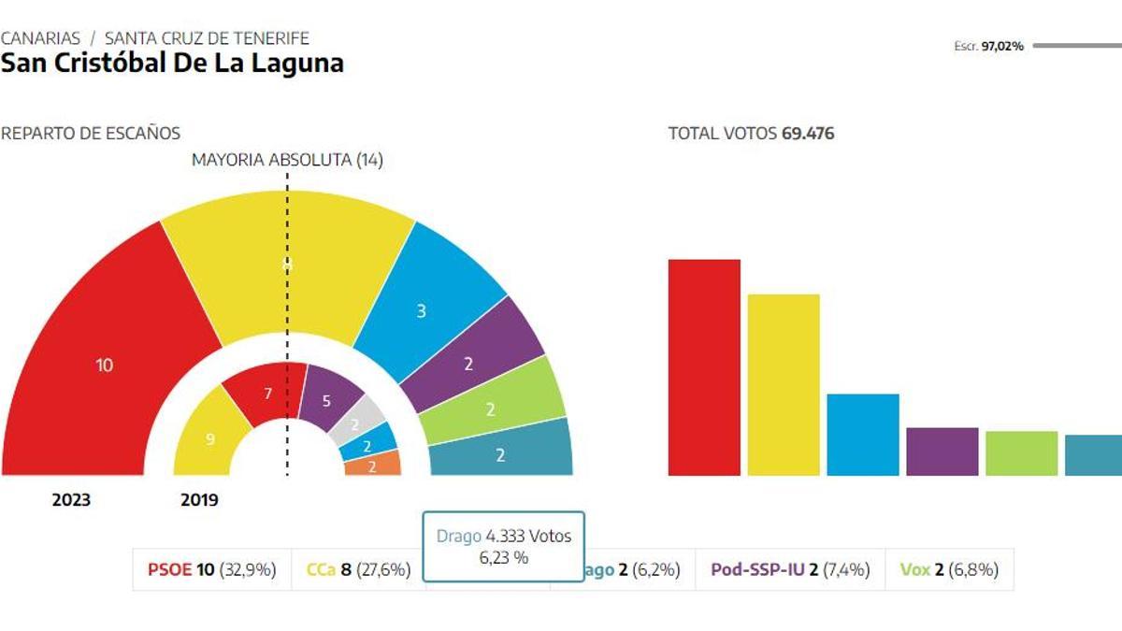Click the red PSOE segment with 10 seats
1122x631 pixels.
104,365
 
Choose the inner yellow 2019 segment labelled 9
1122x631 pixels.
210,437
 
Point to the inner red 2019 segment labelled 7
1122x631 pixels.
267,394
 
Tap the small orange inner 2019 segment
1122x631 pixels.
372,466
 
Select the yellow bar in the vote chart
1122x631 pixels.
784,384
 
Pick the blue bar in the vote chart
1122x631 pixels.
863,434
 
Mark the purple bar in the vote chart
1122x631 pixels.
942,451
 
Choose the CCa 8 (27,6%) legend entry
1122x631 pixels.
358,569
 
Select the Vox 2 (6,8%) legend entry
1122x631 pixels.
949,569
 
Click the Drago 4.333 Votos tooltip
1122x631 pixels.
504,546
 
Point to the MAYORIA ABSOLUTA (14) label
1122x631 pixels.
287,160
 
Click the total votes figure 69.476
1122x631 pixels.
807,134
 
